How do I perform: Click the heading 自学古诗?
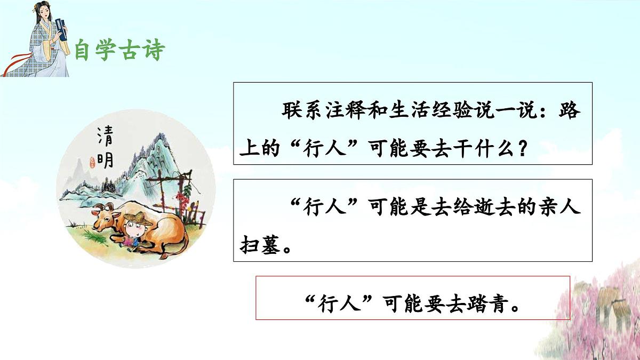tap(119, 50)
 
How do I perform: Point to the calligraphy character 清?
tap(105, 137)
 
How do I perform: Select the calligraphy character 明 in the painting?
tap(105, 158)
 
